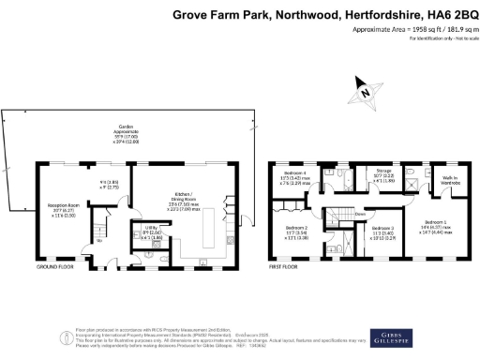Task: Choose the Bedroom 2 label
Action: pyautogui.click(x=297, y=231)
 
